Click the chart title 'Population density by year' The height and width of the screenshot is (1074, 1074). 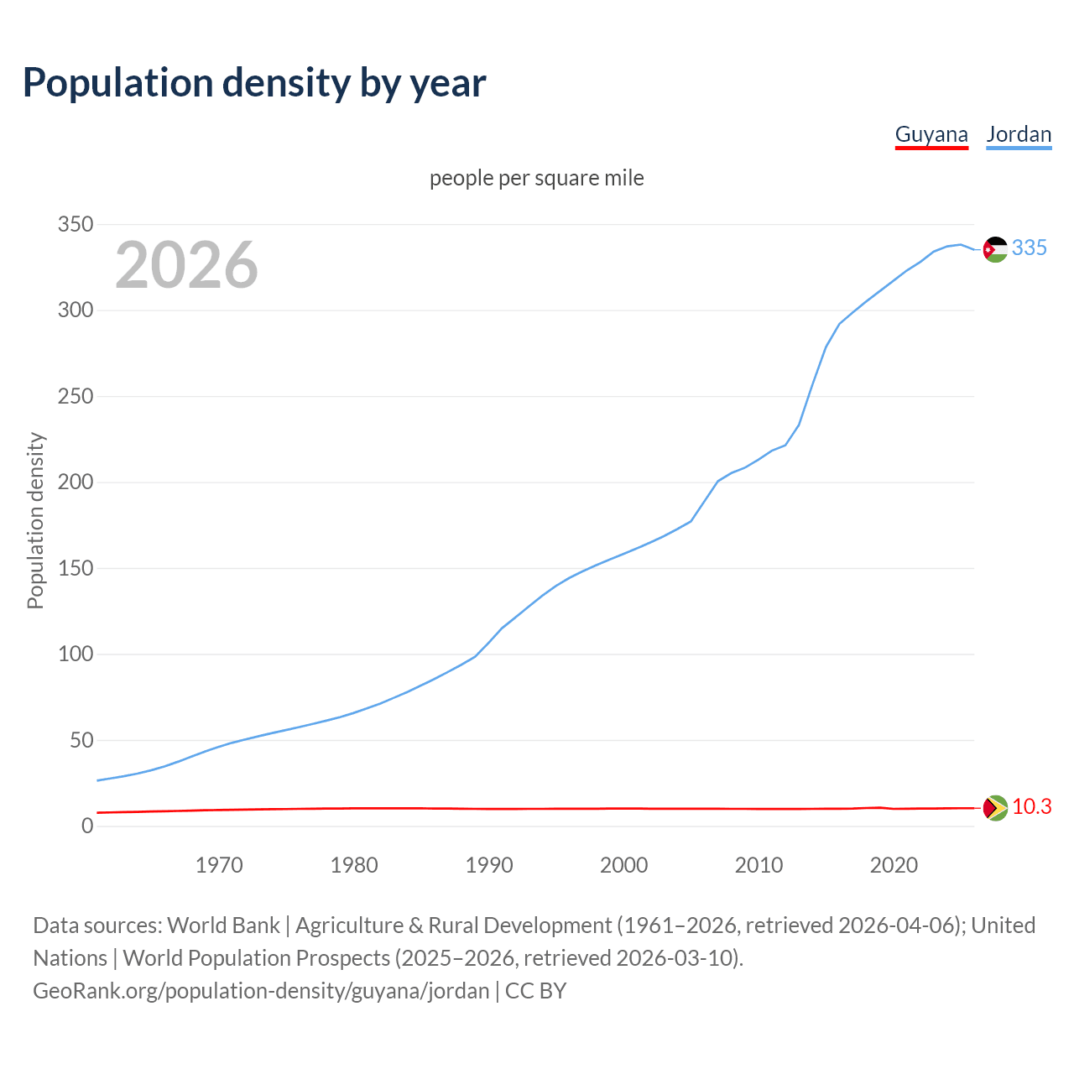pos(254,83)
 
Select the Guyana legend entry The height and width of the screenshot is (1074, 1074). pos(931,134)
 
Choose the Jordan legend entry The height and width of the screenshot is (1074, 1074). pos(1019,134)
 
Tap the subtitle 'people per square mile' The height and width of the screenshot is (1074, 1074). pos(537,178)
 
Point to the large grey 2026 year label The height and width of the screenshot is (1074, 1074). pos(186,265)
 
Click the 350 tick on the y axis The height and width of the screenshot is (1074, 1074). pos(75,224)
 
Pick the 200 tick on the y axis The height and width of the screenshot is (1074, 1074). pos(75,482)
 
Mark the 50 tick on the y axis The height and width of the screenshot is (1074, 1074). pos(81,740)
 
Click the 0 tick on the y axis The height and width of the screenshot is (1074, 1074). pos(87,826)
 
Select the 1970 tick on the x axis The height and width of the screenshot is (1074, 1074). pos(219,865)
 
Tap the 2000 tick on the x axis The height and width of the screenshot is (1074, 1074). pos(623,865)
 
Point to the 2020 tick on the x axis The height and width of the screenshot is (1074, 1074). pos(894,865)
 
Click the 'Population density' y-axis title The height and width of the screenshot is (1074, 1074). pos(35,520)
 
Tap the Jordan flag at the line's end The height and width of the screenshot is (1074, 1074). pos(995,249)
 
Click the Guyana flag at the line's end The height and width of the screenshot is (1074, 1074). pos(995,808)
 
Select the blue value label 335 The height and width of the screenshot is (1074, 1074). pos(1030,248)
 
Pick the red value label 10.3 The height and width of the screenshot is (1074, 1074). pos(1032,806)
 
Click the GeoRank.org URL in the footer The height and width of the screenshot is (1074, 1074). pos(261,991)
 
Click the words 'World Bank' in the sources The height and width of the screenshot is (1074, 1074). pos(223,925)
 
